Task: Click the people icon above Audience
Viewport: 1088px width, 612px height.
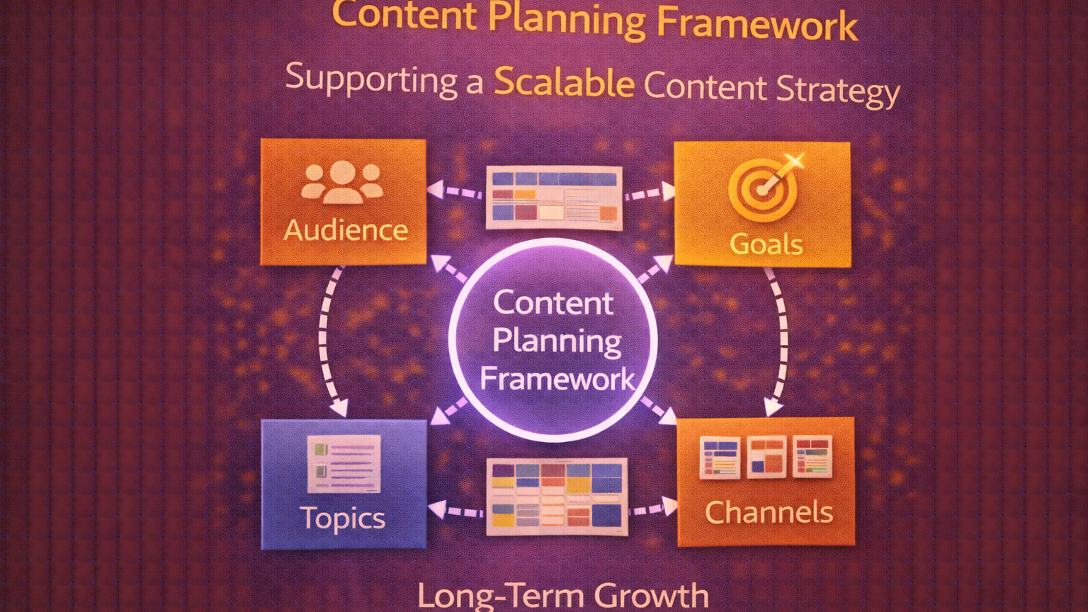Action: (342, 182)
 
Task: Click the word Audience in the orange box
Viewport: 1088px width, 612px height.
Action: (346, 230)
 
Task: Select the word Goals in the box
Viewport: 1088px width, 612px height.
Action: (766, 244)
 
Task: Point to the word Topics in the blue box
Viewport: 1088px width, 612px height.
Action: (343, 518)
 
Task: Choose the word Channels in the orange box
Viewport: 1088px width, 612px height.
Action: (769, 512)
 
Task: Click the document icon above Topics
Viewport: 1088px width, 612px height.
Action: (344, 463)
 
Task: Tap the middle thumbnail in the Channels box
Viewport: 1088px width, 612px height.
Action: (766, 457)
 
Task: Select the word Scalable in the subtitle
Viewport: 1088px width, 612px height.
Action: (564, 82)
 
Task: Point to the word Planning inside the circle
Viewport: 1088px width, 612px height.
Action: (557, 341)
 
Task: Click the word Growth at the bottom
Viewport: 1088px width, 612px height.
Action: (651, 596)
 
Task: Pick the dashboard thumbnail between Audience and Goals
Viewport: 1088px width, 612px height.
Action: (554, 198)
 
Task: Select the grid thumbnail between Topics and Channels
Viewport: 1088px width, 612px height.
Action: (557, 496)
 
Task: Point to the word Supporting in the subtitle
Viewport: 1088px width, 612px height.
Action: (371, 78)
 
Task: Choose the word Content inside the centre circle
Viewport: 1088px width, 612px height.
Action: (553, 303)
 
